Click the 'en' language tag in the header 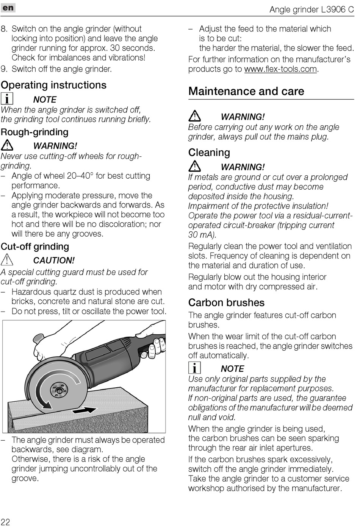pos(8,8)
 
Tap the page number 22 pos(5,521)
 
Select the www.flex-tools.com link pos(280,69)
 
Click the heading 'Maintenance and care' pos(246,92)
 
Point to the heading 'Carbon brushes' pos(226,303)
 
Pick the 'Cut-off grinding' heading pos(35,247)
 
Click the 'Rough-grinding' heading pos(34,132)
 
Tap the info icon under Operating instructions pos(7,99)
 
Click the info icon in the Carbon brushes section pos(194,368)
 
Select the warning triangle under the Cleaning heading pos(195,166)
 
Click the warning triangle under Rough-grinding pos(7,145)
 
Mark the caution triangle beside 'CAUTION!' pos(7,260)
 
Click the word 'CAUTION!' pos(54,260)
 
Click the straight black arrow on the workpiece pos(84,410)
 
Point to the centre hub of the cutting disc pos(60,389)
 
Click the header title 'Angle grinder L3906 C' pos(311,9)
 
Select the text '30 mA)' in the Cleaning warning pos(202,235)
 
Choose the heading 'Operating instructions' pos(53,85)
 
